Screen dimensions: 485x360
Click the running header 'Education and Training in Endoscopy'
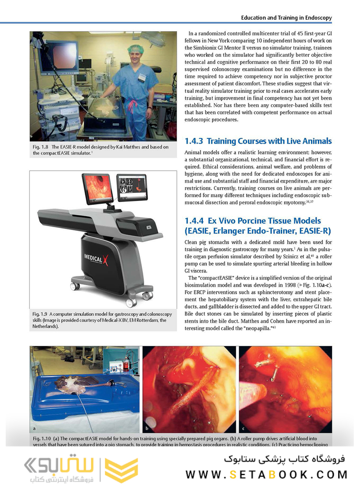pyautogui.click(x=286, y=18)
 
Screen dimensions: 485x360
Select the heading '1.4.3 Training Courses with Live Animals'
pyautogui.click(x=258, y=141)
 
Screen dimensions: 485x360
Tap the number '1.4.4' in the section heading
pyautogui.click(x=194, y=221)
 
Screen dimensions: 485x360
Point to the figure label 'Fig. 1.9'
pyautogui.click(x=40, y=314)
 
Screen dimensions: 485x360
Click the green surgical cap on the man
pyautogui.click(x=135, y=48)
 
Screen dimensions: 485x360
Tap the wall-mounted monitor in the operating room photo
pyautogui.click(x=59, y=56)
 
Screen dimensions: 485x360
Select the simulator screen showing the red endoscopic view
pyautogui.click(x=97, y=187)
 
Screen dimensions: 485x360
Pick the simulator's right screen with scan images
pyautogui.click(x=132, y=187)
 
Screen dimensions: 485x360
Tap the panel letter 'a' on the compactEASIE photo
pyautogui.click(x=34, y=429)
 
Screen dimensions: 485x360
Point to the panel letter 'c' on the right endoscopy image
pyautogui.click(x=243, y=429)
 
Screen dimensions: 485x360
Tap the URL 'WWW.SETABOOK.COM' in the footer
pyautogui.click(x=266, y=475)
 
